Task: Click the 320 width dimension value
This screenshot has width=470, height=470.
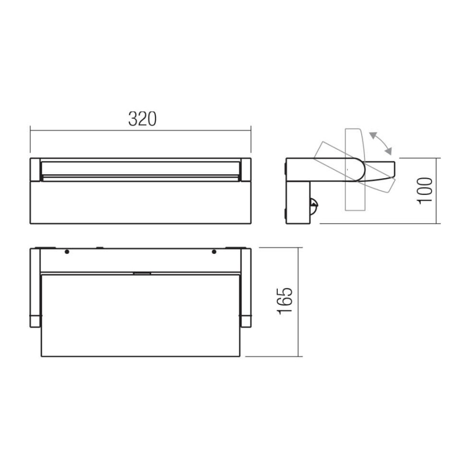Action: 142,119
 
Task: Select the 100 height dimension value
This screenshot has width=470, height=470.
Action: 426,190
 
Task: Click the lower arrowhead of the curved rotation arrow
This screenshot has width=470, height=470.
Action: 388,153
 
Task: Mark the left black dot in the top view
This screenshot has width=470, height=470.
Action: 67,252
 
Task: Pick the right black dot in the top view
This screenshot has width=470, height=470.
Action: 214,252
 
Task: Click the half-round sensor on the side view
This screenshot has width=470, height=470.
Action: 312,205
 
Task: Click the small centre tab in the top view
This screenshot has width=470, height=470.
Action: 141,273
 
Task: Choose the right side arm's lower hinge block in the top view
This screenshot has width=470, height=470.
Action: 246,320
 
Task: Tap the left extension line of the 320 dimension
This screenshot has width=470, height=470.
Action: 30,141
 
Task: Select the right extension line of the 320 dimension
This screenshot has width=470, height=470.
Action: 251,141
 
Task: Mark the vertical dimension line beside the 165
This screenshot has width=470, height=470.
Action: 299,302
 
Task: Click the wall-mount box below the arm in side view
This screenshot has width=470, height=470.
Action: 298,203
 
